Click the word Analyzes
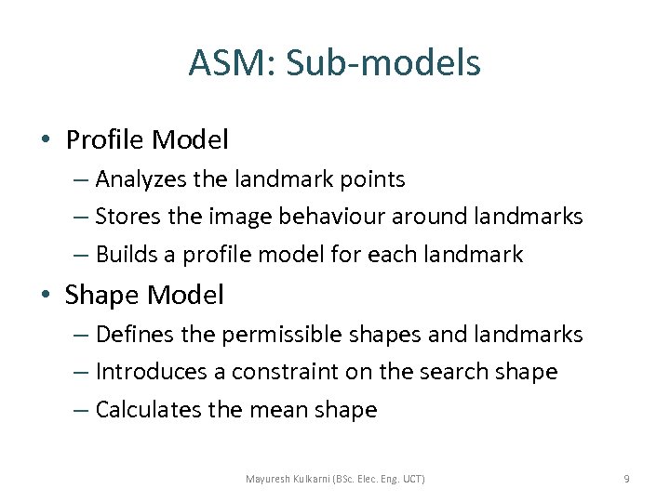tap(141, 178)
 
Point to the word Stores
tap(127, 217)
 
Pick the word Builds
tap(126, 254)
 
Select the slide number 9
tap(626, 479)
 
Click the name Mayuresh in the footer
tap(271, 479)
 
